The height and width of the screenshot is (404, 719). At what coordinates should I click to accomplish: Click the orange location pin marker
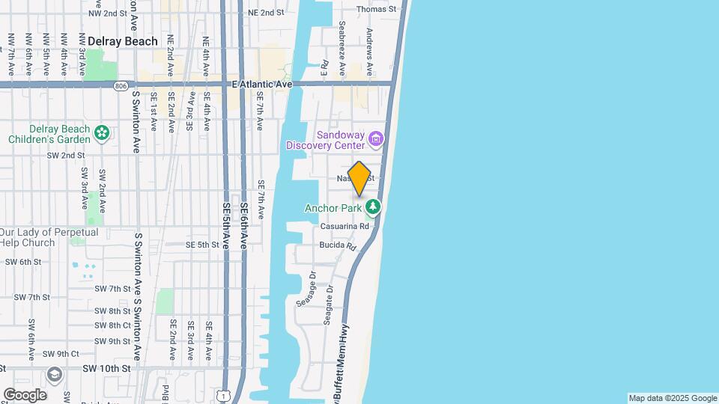click(359, 179)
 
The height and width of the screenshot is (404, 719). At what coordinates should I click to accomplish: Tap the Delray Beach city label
click(123, 42)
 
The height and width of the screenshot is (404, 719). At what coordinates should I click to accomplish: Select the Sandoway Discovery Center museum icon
click(376, 138)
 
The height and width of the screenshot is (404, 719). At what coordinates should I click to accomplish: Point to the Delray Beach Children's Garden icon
click(102, 134)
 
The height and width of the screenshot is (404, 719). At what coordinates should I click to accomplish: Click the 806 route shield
click(121, 86)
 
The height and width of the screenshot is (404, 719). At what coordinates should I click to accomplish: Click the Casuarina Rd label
click(345, 226)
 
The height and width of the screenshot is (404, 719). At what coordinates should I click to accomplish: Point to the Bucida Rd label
click(341, 245)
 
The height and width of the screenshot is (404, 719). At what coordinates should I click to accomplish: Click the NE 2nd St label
click(266, 13)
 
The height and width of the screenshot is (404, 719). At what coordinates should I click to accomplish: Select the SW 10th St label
click(106, 369)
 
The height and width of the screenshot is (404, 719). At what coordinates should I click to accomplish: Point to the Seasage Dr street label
click(306, 289)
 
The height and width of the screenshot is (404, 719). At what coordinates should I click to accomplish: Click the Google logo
click(25, 395)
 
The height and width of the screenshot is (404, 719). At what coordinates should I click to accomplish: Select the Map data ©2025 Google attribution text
click(673, 398)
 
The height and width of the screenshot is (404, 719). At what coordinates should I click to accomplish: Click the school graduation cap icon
click(54, 374)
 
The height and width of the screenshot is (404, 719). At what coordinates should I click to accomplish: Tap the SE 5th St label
click(202, 245)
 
